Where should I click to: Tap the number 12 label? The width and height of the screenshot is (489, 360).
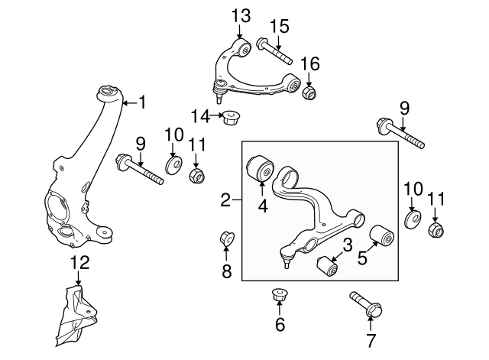click(80, 264)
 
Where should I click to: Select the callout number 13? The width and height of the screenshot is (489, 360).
click(240, 15)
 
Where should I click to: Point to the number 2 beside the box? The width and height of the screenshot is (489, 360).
click(225, 201)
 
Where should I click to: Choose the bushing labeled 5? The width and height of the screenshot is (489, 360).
click(382, 236)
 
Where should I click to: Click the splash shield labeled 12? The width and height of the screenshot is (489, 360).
click(78, 313)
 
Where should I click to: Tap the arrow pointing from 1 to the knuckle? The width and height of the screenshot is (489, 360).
click(128, 101)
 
